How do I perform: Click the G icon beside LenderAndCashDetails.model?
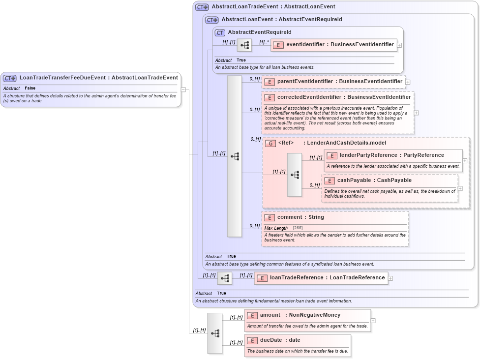pyautogui.click(x=270, y=143)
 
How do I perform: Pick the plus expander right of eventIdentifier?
pyautogui.click(x=399, y=45)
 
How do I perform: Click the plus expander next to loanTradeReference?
pyautogui.click(x=390, y=278)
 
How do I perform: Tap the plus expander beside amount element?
pyautogui.click(x=373, y=321)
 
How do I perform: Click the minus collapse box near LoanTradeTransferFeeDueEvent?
pyautogui.click(x=183, y=90)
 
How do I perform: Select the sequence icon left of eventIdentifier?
pyautogui.click(x=244, y=45)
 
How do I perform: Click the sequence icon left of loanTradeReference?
pyautogui.click(x=225, y=278)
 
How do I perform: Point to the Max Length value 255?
pyautogui.click(x=298, y=228)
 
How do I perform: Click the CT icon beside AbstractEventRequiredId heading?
pyautogui.click(x=220, y=32)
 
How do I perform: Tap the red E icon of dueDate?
pyautogui.click(x=252, y=340)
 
